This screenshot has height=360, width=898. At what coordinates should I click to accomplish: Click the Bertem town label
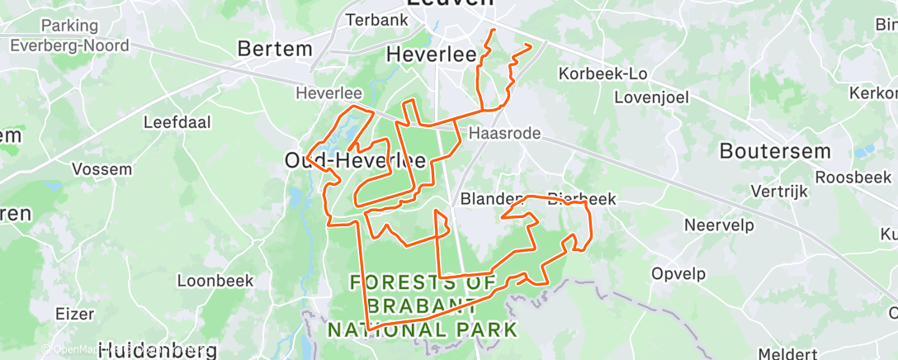point(275,49)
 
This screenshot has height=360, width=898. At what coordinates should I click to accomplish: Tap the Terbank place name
point(376,20)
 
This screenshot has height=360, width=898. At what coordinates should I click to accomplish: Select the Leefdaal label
point(177,122)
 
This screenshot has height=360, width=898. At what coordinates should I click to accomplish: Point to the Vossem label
point(102,169)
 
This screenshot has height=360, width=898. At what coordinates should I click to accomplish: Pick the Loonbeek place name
point(215,281)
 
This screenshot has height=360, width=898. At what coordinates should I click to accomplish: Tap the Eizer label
point(74,314)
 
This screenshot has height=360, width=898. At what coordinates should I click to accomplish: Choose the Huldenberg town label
point(157,350)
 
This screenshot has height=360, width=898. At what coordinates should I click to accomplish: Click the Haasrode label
point(504,133)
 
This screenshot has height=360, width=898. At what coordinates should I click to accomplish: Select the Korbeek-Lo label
point(602,73)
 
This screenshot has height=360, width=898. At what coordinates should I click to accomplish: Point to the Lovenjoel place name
point(650,97)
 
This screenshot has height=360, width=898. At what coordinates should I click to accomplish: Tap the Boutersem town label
point(774,151)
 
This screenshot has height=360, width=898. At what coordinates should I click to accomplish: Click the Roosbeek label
point(853,177)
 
